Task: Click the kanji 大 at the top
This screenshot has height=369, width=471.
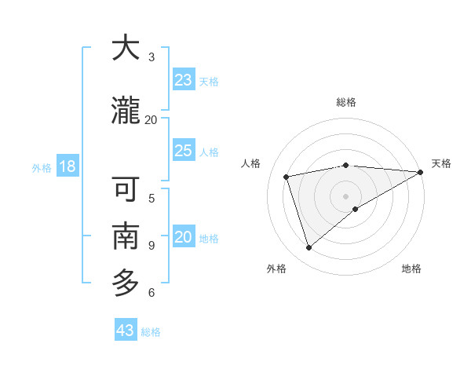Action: [126, 49]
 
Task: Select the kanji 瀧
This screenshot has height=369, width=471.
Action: [126, 111]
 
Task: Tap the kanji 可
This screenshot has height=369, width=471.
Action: [126, 190]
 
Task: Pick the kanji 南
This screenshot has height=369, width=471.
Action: [126, 236]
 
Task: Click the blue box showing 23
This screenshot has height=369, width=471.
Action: [184, 80]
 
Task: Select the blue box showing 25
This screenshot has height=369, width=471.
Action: [184, 151]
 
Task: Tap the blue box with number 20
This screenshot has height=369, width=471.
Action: [184, 237]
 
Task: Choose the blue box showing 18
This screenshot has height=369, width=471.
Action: [67, 166]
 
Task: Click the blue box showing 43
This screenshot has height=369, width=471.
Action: [126, 331]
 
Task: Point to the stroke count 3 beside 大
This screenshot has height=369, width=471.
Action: [152, 57]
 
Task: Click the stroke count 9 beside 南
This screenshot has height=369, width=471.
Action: [152, 245]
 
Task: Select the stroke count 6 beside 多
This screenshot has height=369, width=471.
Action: [152, 293]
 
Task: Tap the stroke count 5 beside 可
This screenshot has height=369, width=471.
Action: [152, 198]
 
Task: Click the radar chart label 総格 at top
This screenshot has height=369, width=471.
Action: [346, 102]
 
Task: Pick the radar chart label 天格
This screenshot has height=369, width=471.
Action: [441, 163]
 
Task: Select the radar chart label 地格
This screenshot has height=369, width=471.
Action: [411, 269]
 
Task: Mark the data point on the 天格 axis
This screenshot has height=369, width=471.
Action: [421, 172]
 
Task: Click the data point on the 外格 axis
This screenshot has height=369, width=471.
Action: [309, 248]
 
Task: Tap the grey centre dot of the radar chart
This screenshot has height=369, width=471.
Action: [345, 196]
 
